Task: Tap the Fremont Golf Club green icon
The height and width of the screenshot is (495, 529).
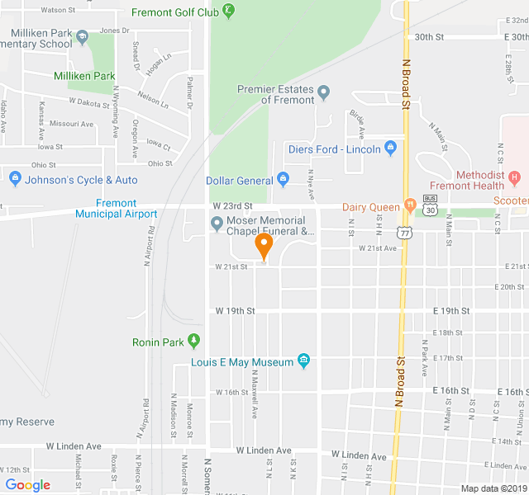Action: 229,12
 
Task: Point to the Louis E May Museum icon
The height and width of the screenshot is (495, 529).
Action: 303,361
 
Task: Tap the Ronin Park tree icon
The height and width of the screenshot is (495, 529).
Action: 194,340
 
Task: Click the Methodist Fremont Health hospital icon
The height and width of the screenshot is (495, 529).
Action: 515,177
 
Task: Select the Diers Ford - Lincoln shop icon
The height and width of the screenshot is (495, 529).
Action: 391,148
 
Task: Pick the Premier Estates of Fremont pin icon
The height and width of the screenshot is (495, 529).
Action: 324,92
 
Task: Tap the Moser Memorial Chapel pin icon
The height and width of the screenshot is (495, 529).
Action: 217,223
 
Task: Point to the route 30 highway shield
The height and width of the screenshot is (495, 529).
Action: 430,210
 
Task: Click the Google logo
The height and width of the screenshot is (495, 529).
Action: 28,485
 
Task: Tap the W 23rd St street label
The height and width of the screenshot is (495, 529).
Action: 231,205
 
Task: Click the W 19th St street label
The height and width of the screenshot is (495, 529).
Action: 236,311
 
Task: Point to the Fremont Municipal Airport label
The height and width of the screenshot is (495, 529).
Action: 116,209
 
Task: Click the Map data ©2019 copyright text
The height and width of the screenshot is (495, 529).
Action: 492,488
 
